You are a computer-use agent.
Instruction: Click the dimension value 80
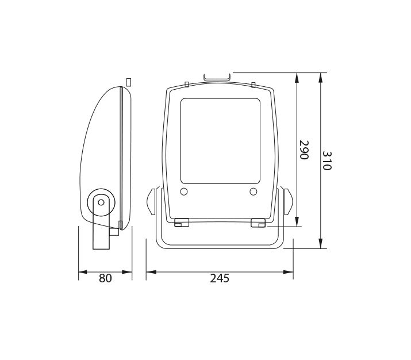105,278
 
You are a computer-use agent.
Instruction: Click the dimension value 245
220,278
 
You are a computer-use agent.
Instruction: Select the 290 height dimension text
304,150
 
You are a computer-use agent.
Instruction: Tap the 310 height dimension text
327,160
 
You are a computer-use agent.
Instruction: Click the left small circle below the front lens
184,192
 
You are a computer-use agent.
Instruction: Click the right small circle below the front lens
253,192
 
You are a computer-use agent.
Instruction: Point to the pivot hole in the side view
101,202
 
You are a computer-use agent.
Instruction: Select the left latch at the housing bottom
182,223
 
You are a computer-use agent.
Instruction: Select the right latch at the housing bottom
258,223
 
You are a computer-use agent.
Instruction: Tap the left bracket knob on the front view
151,202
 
